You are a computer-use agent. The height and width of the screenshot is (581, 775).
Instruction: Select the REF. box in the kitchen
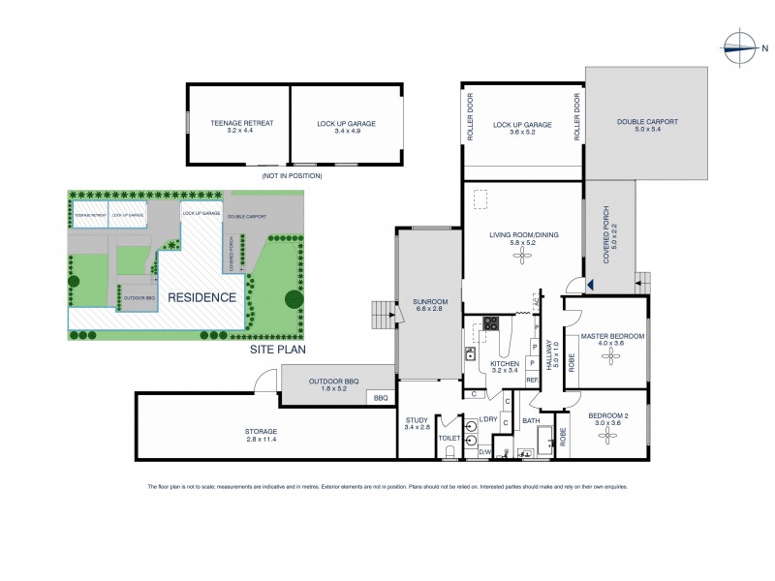click(x=532, y=381)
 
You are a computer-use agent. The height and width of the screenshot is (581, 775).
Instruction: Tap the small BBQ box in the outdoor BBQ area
click(x=381, y=398)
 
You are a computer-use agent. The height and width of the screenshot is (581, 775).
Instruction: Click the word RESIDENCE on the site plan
click(x=201, y=297)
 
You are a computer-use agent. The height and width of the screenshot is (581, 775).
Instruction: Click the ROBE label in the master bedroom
click(x=572, y=360)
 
